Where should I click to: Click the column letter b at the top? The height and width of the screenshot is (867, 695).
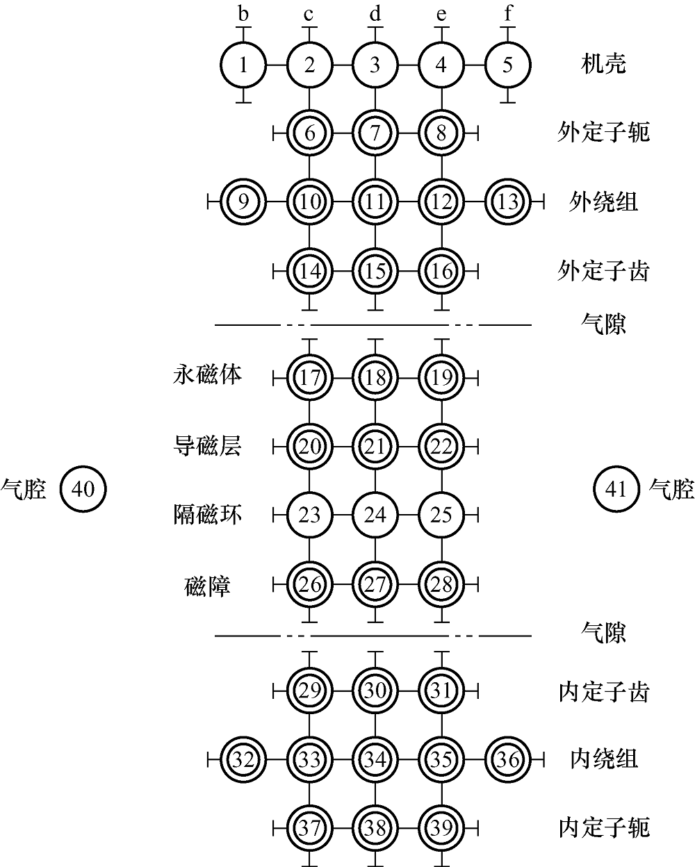tap(243, 14)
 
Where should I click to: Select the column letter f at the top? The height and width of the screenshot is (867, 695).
tap(508, 14)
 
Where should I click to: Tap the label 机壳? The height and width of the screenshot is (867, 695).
tap(603, 65)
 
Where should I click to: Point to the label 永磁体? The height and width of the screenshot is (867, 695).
tap(208, 374)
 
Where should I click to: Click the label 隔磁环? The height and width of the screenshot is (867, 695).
tap(208, 515)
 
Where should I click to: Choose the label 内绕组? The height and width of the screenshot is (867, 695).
tap(604, 759)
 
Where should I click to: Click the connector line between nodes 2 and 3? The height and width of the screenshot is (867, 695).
tap(342, 65)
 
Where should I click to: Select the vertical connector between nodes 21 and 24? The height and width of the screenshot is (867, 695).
tap(375, 481)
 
